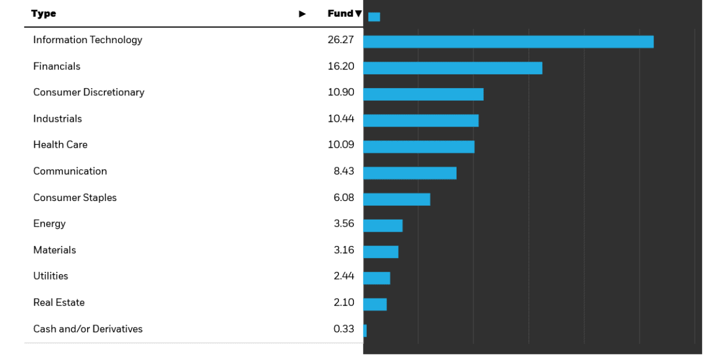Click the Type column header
coord(43,14)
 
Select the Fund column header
coord(340,14)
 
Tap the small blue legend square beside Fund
coord(374,17)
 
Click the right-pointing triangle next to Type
coord(302,14)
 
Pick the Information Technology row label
coord(88,40)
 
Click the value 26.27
coord(341,40)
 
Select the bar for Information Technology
coord(508,41)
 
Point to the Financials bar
coord(452,68)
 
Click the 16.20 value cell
coord(341,66)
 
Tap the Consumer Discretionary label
coord(89,92)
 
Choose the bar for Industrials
coord(421,121)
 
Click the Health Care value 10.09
coord(341,145)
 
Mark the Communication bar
coord(410,173)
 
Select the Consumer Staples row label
coord(75,197)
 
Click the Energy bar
coord(383,226)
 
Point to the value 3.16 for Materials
coord(344,250)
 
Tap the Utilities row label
coord(50,276)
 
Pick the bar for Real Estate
coord(375,304)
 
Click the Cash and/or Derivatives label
coord(88,329)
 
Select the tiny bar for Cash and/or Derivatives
coord(365,331)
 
